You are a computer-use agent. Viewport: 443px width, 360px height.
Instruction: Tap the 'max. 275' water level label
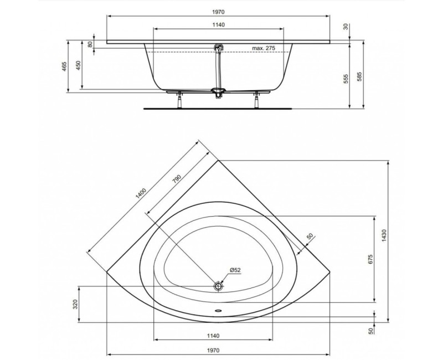pyautogui.click(x=263, y=49)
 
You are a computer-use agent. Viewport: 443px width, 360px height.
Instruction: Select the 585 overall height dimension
pyautogui.click(x=360, y=76)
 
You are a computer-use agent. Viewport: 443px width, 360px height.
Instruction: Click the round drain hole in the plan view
pyautogui.click(x=218, y=286)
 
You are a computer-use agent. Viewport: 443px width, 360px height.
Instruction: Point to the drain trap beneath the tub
pyautogui.click(x=218, y=93)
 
